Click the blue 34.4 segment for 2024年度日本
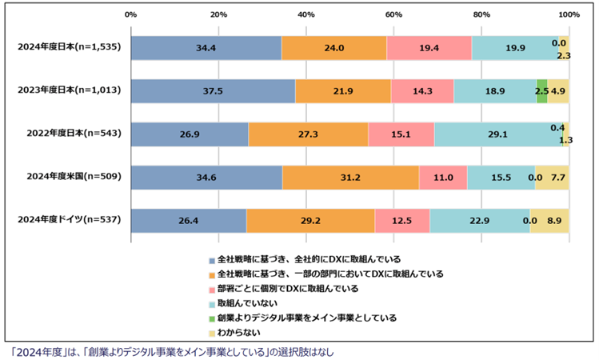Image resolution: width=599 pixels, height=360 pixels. tap(206, 48)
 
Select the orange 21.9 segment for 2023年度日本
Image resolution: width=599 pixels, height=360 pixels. tap(342, 91)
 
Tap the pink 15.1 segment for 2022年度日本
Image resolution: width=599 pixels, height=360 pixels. tap(401, 134)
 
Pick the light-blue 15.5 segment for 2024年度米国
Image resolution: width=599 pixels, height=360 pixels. tap(501, 178)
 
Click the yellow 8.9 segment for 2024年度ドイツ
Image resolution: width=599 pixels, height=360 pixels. tap(549, 221)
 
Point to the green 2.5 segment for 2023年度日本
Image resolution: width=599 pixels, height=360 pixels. tap(541, 91)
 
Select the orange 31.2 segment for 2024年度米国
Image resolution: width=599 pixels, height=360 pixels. tap(350, 178)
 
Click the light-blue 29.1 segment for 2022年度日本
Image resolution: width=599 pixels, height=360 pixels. tap(500, 134)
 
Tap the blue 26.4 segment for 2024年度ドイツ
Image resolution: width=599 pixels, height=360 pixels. tap(189, 221)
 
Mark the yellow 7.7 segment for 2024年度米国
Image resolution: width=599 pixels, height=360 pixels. tap(552, 178)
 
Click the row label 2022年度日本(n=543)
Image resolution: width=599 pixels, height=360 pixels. tap(69, 134)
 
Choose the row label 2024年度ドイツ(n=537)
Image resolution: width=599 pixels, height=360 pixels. tap(69, 220)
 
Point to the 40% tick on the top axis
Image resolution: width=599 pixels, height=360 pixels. tap(306, 14)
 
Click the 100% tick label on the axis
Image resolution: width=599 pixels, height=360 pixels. tap(569, 14)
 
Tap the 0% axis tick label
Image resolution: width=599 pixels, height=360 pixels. tap(131, 14)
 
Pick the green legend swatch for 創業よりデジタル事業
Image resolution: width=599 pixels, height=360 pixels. tap(211, 318)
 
